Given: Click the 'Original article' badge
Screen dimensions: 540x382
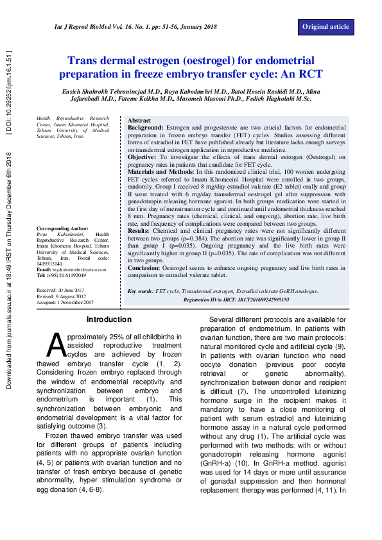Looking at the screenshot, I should [326, 26].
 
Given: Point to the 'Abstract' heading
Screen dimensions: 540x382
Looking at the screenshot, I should [139, 121].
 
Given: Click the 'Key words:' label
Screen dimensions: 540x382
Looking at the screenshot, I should [141, 291].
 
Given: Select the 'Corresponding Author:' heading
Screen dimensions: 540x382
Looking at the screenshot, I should [62, 228].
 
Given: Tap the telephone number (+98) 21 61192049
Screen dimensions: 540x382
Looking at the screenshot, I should [67, 275].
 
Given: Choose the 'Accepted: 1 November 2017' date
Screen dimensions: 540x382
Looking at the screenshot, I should [65, 301].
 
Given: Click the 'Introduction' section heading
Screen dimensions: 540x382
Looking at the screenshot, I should [109, 319].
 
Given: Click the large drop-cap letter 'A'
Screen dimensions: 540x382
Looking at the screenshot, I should [56, 344].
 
